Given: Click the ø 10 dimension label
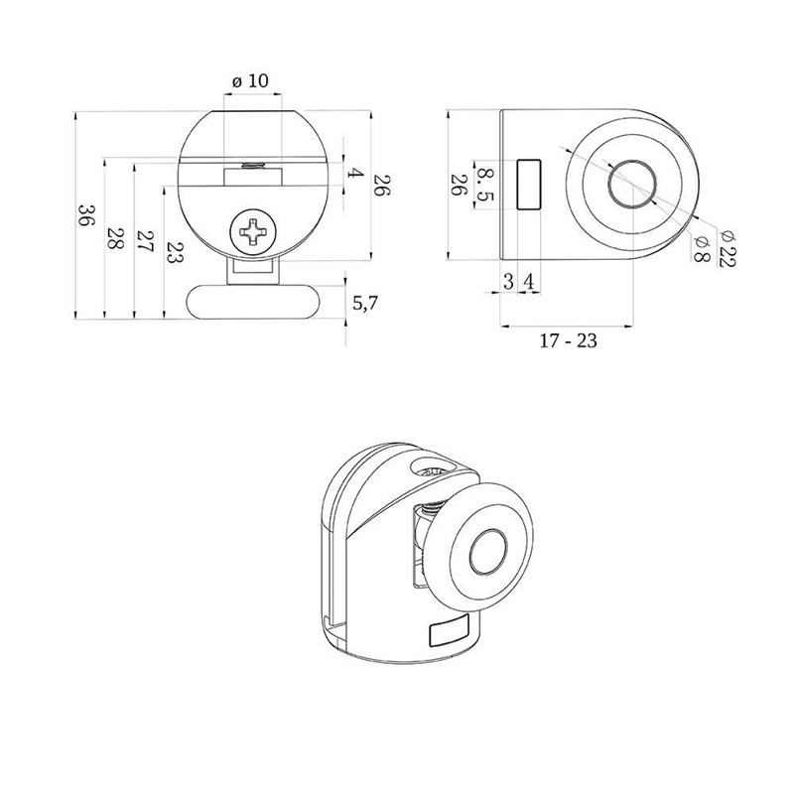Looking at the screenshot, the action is click(x=251, y=80).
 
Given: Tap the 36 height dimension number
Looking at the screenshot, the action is click(x=87, y=215).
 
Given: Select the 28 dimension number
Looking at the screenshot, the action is click(x=116, y=237).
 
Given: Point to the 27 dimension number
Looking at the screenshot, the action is click(x=146, y=242).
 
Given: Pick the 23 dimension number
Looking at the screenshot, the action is click(x=176, y=252).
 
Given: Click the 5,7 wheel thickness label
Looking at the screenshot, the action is click(x=365, y=303).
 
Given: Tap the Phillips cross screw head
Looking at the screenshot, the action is click(x=253, y=232).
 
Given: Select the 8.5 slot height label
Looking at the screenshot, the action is click(x=485, y=185).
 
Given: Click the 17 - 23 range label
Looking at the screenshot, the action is click(x=568, y=340).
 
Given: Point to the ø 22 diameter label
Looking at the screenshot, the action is click(x=728, y=248).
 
